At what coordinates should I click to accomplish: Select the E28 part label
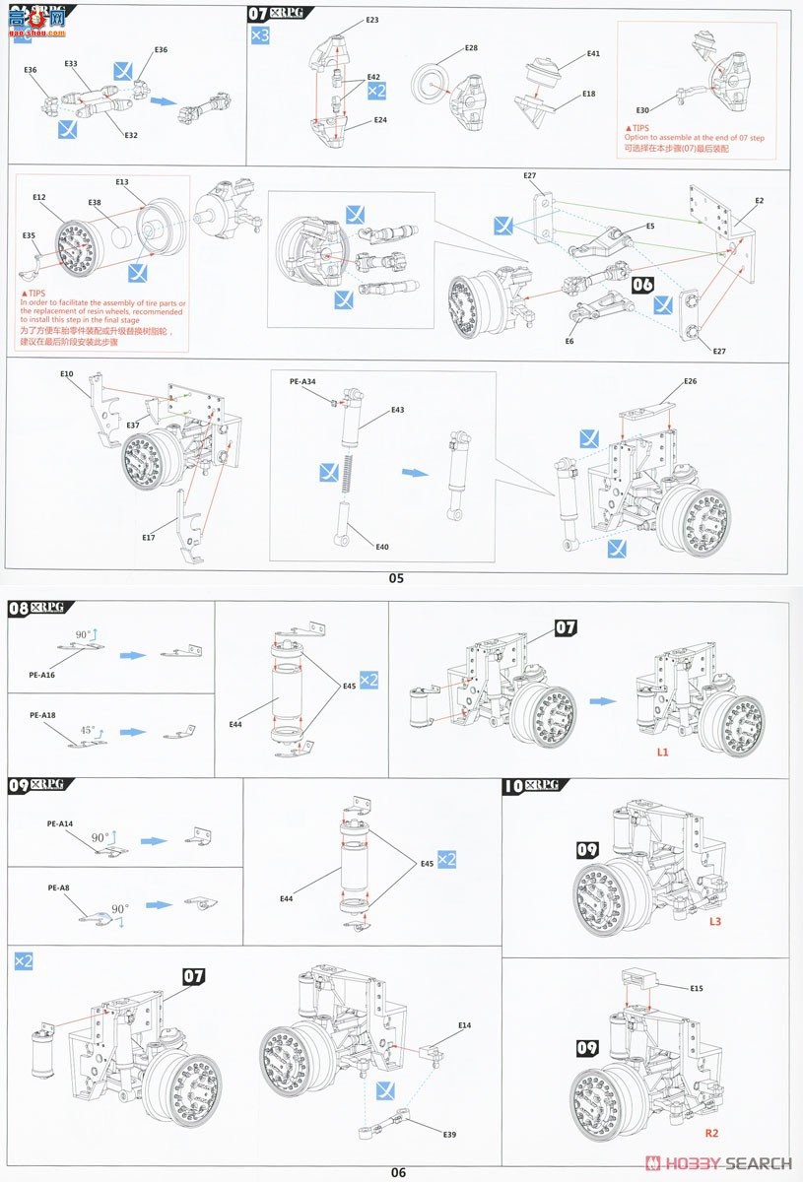coord(471,48)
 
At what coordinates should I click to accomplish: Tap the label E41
coord(593,54)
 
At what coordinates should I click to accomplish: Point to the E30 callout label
coord(642,110)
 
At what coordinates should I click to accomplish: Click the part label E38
coord(95,203)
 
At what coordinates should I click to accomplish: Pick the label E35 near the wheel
coord(29,235)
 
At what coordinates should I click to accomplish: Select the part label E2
coord(759,201)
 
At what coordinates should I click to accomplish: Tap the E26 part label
coord(689,381)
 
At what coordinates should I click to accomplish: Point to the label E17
coord(148,537)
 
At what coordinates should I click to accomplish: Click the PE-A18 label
coord(43,714)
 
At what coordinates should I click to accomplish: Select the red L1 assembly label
coord(663,751)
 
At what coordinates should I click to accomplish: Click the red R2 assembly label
coord(711,1133)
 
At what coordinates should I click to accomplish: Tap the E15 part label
coord(696,987)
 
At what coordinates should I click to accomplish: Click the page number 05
coord(396,578)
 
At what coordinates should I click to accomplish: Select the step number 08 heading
coord(19,608)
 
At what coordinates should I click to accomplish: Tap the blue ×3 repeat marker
coord(258,36)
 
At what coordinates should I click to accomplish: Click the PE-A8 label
coord(59,887)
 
